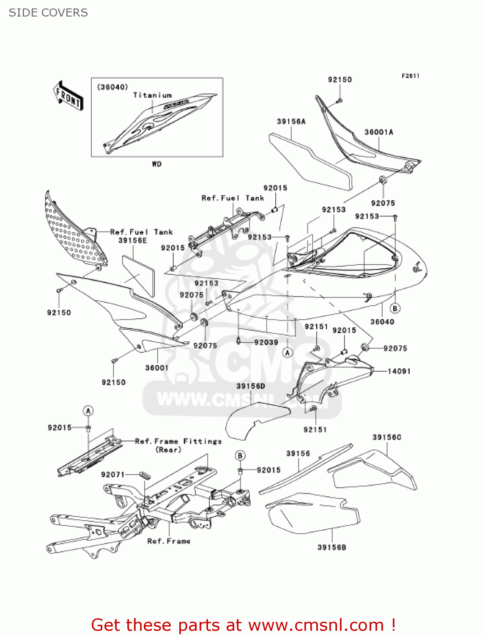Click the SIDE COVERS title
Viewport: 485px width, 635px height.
point(48,13)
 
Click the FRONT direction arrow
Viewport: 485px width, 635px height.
point(68,96)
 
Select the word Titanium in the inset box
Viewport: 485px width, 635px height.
point(152,95)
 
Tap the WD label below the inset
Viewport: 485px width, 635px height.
point(156,164)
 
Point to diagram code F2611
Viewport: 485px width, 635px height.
point(410,76)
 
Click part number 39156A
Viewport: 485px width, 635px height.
point(291,121)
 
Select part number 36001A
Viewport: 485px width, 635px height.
point(378,132)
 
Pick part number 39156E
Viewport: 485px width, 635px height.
point(132,240)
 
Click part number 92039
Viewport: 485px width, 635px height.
point(266,342)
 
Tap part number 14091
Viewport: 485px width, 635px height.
point(399,371)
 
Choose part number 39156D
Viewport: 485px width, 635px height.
point(250,386)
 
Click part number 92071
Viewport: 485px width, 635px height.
point(112,475)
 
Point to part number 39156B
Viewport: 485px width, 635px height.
point(332,547)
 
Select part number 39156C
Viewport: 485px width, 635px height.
point(386,437)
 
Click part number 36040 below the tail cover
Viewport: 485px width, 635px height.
point(382,322)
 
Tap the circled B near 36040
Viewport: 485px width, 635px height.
point(395,308)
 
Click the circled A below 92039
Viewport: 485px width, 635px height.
point(288,353)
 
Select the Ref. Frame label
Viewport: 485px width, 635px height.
point(169,541)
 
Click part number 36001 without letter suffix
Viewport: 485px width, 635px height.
point(156,368)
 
